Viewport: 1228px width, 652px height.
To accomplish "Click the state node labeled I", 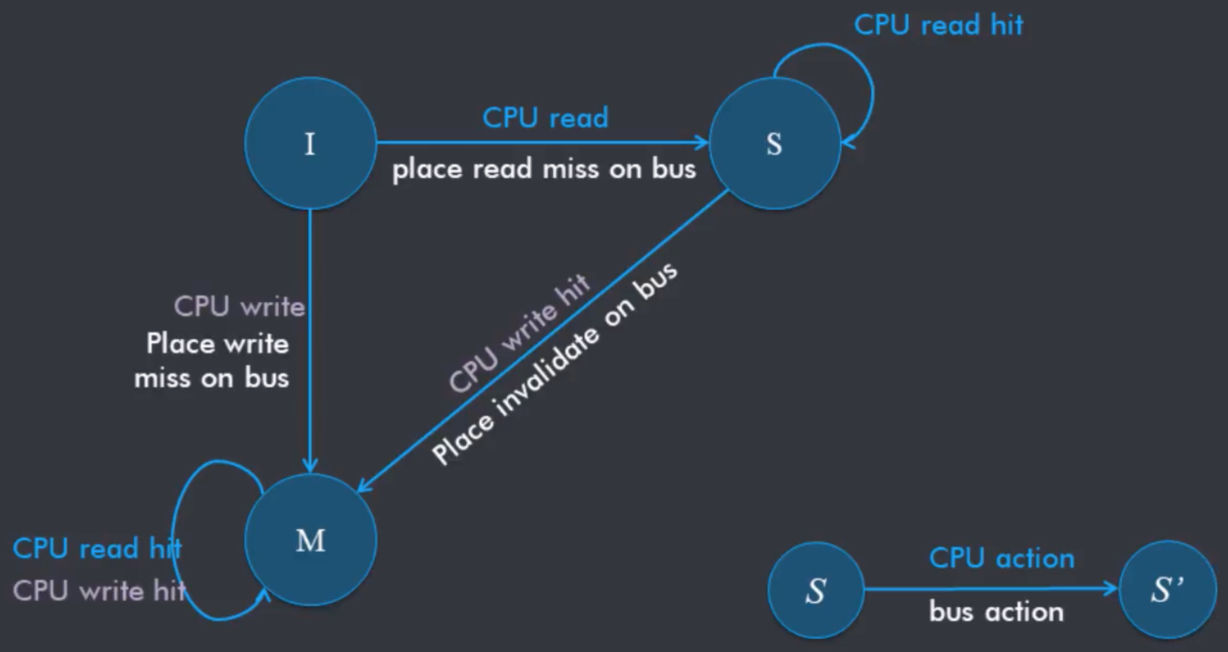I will [x=310, y=144].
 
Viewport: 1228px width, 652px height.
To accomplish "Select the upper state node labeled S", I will [x=774, y=144].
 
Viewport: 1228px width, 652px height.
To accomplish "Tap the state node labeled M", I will [x=310, y=541].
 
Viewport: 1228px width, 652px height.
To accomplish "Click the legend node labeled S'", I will [x=1167, y=590].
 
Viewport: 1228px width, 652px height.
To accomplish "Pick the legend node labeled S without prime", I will [x=815, y=590].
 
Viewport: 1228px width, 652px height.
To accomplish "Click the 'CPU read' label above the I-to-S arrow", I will [x=545, y=118].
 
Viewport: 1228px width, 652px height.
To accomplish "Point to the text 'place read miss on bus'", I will [x=544, y=169].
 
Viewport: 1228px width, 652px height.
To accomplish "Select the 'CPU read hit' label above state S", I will [x=938, y=25].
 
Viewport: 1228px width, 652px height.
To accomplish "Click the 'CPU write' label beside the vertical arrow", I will [x=239, y=306].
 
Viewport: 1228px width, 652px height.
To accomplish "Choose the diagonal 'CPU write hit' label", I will [x=519, y=333].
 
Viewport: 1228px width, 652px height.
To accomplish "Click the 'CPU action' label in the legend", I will [x=1001, y=558].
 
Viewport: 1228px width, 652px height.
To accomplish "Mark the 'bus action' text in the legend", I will [x=995, y=612].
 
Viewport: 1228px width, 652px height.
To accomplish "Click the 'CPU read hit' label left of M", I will [x=97, y=548].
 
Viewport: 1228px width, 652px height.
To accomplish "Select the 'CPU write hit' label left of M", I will [x=99, y=591].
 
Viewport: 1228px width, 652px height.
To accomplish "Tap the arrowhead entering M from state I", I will [x=310, y=465].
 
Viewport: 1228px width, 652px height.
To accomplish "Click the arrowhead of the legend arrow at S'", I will [x=1111, y=589].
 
